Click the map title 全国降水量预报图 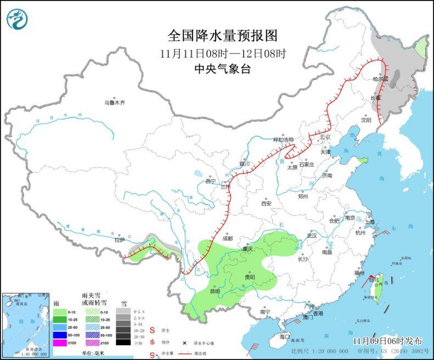point(223,36)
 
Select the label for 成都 point(228,238)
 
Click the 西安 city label point(266,203)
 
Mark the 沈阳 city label point(365,120)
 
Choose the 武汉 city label point(312,235)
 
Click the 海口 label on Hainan point(284,335)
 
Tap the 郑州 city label point(303,196)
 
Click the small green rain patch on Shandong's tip point(363,161)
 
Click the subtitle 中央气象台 point(223,69)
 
